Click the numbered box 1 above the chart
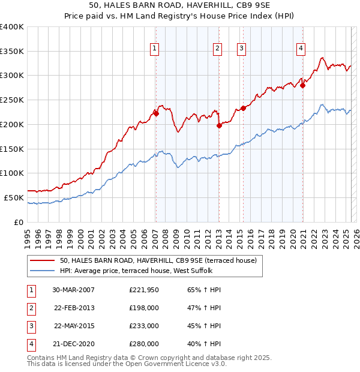point(155,49)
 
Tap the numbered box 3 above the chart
point(241,49)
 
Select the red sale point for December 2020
point(303,85)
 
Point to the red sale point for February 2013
point(219,125)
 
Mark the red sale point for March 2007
point(156,113)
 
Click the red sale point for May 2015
point(243,108)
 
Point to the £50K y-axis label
point(13,197)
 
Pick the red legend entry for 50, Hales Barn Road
point(158,260)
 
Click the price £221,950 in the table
point(143,290)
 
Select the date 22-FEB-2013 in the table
point(74,308)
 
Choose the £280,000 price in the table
point(143,344)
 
